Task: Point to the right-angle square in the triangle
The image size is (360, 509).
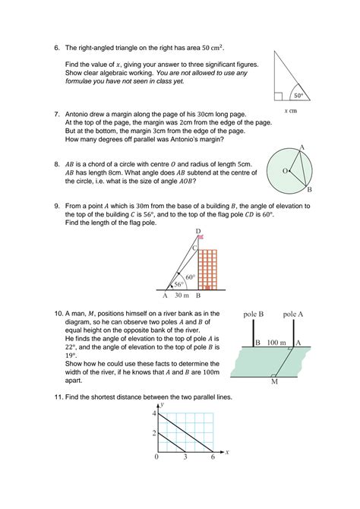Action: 279,96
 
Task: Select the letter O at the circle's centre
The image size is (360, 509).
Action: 285,171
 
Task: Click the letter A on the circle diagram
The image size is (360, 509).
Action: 302,147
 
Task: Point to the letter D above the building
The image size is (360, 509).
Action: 197,230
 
